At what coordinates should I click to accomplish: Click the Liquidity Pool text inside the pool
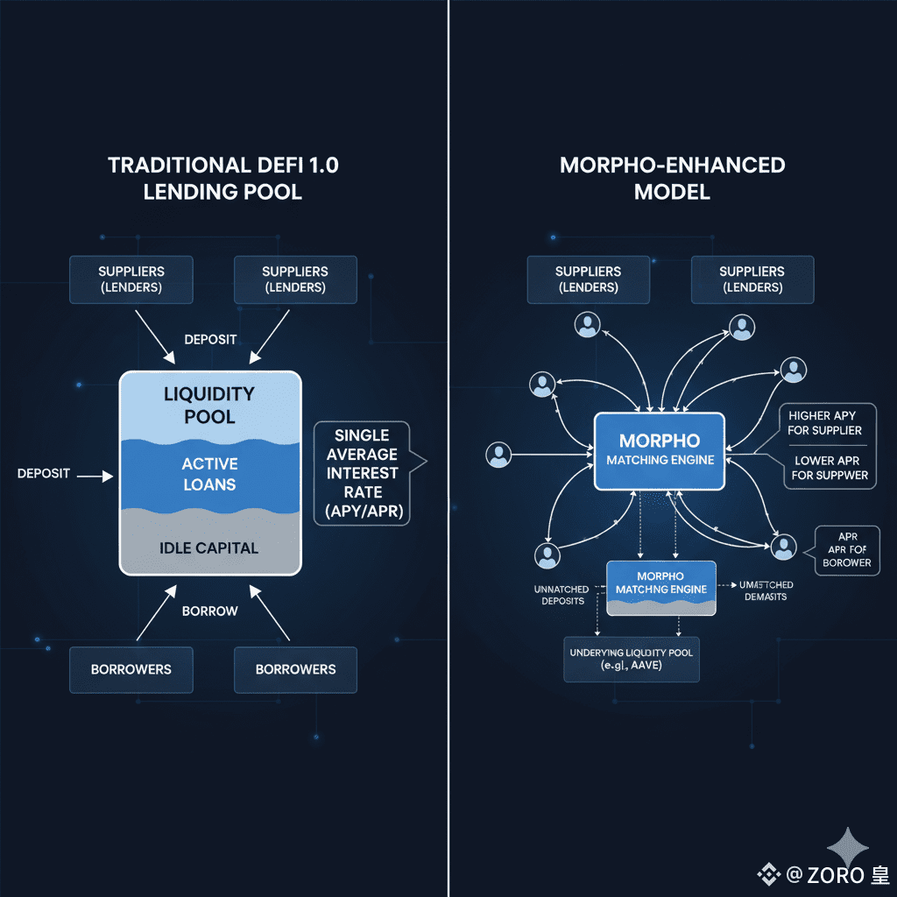point(210,405)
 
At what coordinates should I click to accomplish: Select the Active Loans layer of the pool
point(210,473)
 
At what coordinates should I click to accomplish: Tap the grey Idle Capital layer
point(210,548)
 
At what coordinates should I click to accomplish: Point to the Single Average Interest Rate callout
point(366,474)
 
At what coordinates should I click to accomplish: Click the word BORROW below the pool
point(210,611)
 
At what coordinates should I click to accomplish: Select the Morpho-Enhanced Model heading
point(672,179)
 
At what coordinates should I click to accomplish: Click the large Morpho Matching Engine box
point(660,450)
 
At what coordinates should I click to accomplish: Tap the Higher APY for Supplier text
point(824,422)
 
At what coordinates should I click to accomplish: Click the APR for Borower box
point(847,550)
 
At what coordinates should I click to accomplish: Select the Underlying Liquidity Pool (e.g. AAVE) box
point(632,659)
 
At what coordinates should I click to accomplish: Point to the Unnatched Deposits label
point(561,596)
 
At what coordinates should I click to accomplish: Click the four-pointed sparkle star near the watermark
point(849,848)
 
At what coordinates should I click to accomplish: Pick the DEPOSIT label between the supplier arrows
point(210,339)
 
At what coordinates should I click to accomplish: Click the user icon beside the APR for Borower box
point(783,547)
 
